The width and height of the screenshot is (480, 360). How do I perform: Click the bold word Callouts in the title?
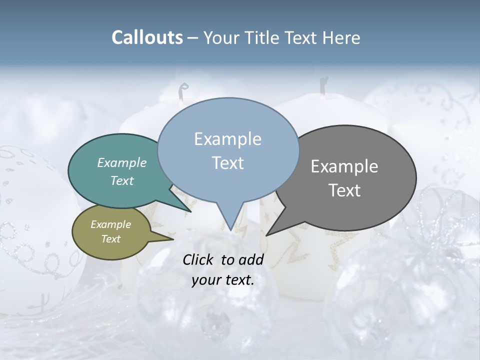pyautogui.click(x=147, y=37)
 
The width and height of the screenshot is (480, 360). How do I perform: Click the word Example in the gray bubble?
pyautogui.click(x=344, y=166)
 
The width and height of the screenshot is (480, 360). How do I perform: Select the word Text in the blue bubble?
pyautogui.click(x=228, y=163)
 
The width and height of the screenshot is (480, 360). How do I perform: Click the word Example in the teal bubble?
pyautogui.click(x=122, y=162)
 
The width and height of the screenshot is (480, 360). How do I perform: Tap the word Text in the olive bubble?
pyautogui.click(x=111, y=239)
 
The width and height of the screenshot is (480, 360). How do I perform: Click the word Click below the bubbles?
pyautogui.click(x=200, y=259)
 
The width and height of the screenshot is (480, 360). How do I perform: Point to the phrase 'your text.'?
pyautogui.click(x=223, y=280)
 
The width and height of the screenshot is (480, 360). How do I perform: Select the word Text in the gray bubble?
pyautogui.click(x=345, y=190)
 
